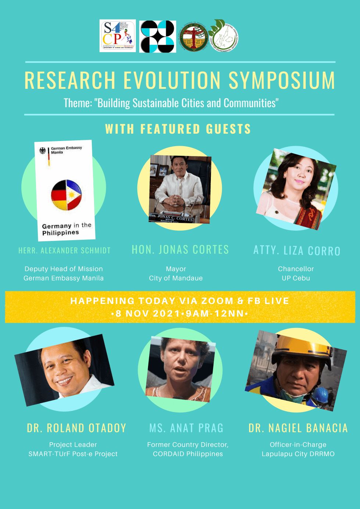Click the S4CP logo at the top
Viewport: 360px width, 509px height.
click(x=118, y=36)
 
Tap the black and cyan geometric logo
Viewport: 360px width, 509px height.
click(x=158, y=36)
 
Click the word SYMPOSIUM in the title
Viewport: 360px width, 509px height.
click(x=282, y=80)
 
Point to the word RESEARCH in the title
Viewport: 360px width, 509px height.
click(x=70, y=80)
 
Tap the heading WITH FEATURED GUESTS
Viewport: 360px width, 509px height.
click(x=178, y=129)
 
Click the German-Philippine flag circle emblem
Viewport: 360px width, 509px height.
click(x=66, y=195)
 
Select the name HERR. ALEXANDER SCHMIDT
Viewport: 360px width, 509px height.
click(x=64, y=250)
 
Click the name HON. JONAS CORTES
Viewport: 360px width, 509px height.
click(x=180, y=250)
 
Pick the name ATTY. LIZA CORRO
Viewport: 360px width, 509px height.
click(x=297, y=250)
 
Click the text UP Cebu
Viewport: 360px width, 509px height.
click(x=296, y=278)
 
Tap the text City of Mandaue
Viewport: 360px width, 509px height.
click(x=176, y=278)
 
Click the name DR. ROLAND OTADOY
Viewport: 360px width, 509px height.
click(x=76, y=428)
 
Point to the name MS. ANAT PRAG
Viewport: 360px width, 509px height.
click(x=186, y=428)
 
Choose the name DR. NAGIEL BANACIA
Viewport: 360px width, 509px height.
click(x=298, y=428)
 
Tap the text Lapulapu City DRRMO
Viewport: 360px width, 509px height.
click(x=298, y=454)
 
